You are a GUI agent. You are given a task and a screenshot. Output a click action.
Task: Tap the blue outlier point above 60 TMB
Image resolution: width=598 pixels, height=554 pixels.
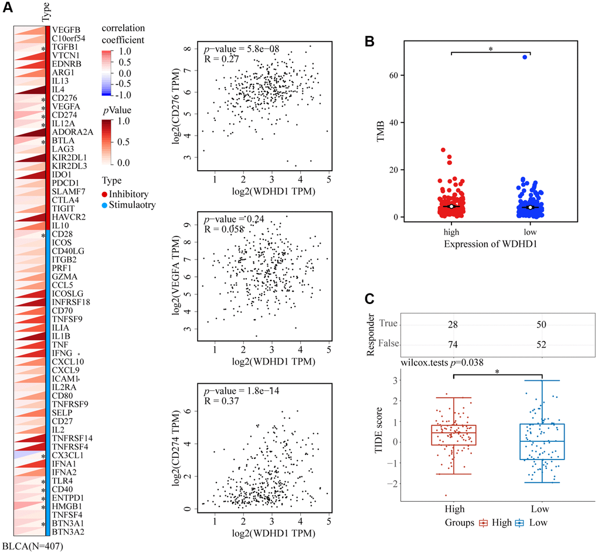click(525, 57)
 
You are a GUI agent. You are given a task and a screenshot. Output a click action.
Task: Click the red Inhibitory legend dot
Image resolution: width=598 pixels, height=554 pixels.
click(105, 194)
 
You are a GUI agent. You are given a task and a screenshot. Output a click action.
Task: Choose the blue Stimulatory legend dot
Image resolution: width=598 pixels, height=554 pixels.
click(105, 205)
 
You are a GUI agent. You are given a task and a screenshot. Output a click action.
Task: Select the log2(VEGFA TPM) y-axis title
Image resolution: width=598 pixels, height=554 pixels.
click(176, 275)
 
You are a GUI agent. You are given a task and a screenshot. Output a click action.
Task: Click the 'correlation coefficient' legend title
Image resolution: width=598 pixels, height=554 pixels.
click(123, 33)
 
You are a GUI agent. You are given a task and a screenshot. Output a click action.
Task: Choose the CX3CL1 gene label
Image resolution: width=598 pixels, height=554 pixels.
click(66, 455)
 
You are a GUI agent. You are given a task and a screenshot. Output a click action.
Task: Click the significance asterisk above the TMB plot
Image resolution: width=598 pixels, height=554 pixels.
click(490, 50)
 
